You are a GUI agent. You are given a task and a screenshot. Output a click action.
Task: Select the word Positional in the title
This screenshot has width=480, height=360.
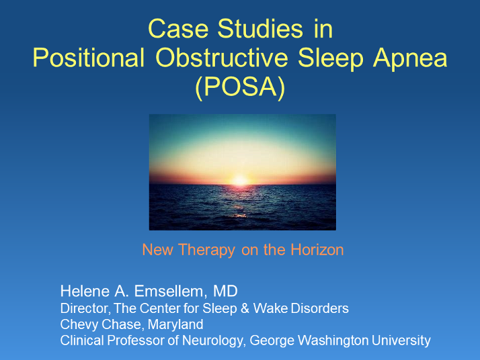click(89, 58)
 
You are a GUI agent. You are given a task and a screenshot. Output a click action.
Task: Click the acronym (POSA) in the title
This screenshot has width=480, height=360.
click(240, 87)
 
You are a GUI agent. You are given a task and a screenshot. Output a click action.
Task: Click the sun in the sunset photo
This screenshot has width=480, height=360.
click(239, 179)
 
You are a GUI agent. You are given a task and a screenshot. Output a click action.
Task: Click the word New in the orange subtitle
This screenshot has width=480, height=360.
click(157, 250)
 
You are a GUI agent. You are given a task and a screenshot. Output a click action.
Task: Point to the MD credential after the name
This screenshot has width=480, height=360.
click(225, 291)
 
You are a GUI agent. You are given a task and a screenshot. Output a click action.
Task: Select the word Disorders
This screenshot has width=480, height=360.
click(325, 308)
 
